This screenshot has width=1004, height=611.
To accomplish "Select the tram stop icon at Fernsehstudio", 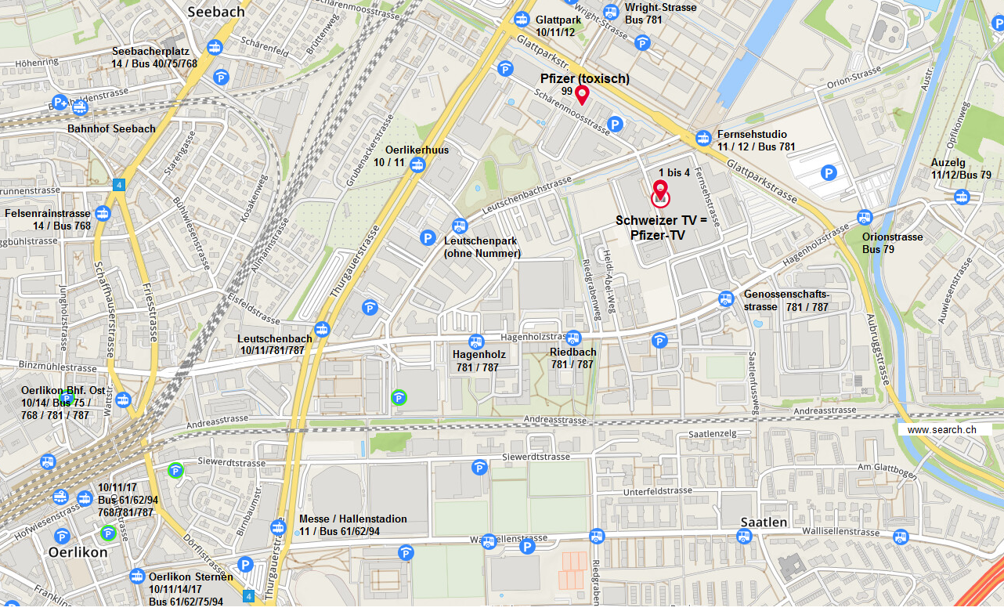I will click(703, 138).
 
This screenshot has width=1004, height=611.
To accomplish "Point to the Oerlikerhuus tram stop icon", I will click(418, 164).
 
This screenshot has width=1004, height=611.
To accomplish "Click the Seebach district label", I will click(216, 12).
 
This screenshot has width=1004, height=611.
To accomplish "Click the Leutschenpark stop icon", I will click(460, 226).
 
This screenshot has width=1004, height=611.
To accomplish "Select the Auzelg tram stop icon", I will click(962, 196).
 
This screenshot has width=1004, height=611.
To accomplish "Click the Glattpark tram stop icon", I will click(522, 19).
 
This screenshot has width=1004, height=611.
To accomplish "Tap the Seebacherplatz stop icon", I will click(214, 48).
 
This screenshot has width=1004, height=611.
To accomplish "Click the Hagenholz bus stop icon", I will click(475, 342).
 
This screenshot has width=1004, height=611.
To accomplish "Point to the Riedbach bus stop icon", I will click(573, 338).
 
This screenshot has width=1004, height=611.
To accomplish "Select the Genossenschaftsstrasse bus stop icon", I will click(726, 298).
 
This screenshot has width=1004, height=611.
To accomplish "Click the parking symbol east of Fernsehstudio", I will click(828, 172).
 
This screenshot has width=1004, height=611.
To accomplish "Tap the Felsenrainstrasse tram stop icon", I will click(103, 213).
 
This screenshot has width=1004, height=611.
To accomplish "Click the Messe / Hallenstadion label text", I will click(353, 519).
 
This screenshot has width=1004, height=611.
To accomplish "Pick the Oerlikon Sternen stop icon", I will click(137, 576).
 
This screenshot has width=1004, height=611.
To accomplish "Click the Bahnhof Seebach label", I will click(111, 128).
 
